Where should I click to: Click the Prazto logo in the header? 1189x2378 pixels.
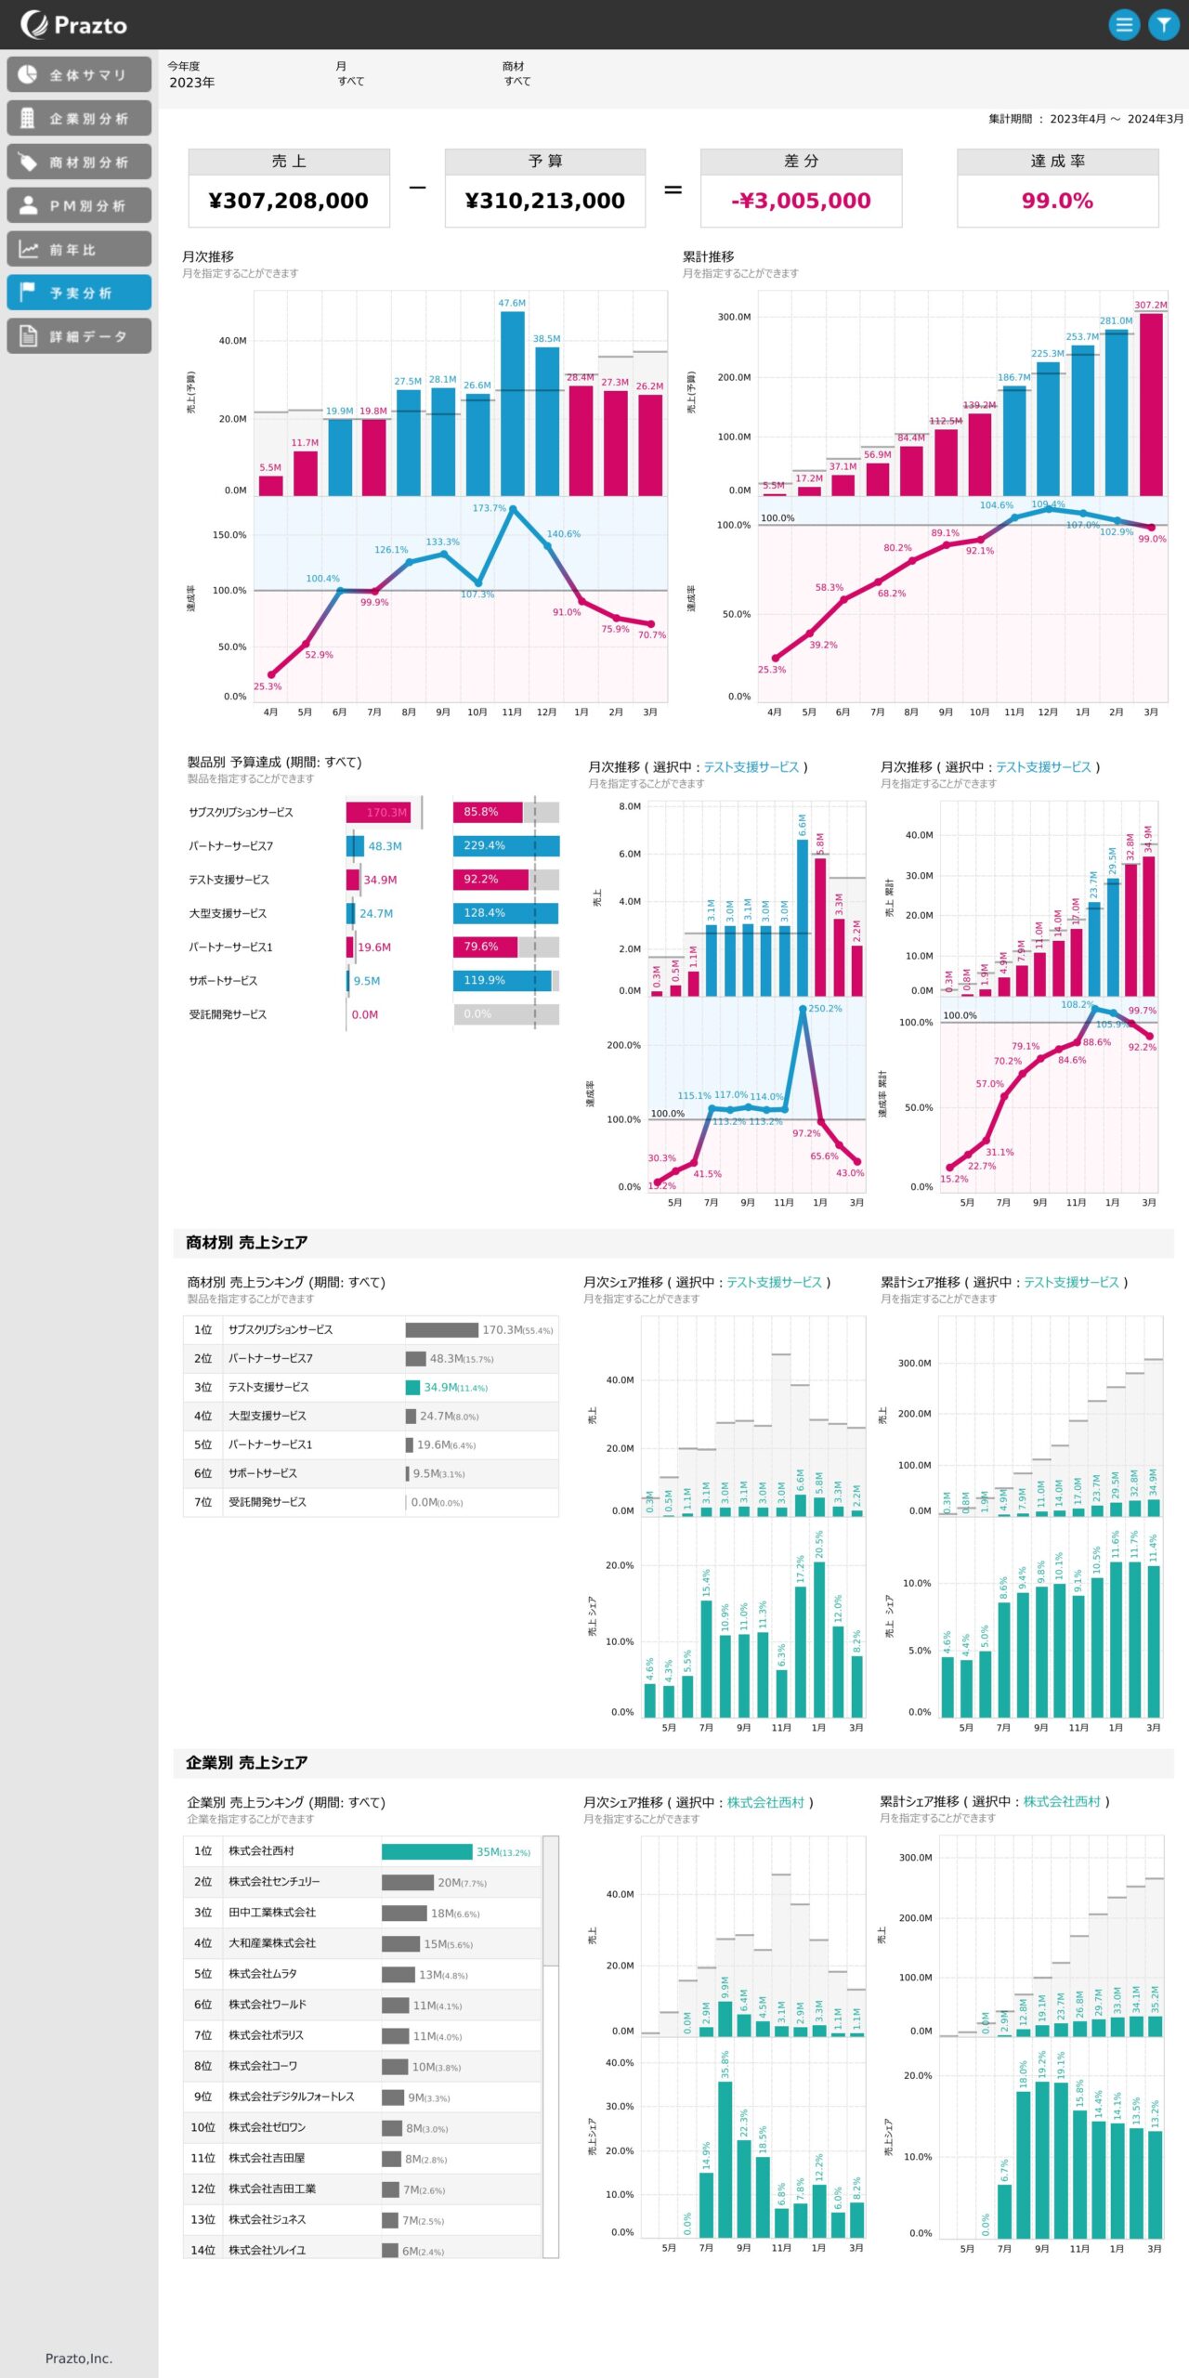[73, 25]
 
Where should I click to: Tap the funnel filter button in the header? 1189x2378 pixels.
[1163, 25]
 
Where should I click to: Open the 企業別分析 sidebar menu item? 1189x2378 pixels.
[79, 119]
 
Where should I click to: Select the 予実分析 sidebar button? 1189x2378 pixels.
[79, 293]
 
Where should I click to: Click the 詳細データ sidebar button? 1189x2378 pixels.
[79, 336]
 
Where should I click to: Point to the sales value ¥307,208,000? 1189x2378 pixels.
[288, 201]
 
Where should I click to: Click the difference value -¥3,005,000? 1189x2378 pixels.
[801, 201]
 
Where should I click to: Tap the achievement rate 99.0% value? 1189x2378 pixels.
[1057, 201]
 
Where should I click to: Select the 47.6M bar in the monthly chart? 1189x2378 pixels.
[512, 403]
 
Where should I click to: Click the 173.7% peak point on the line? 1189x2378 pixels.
[513, 510]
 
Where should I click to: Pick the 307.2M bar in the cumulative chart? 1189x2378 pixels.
[1151, 404]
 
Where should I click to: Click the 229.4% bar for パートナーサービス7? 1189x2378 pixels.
[506, 846]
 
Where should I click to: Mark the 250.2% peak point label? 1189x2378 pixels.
[824, 1009]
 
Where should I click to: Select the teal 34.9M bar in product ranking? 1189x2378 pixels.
[412, 1388]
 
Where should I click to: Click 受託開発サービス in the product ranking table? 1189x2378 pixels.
[268, 1502]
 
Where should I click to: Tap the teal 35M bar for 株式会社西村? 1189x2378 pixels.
[426, 1852]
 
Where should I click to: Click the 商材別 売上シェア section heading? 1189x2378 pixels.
[246, 1243]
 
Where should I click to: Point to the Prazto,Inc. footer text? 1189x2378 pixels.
[79, 2358]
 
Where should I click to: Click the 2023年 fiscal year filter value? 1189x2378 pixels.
[191, 83]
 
